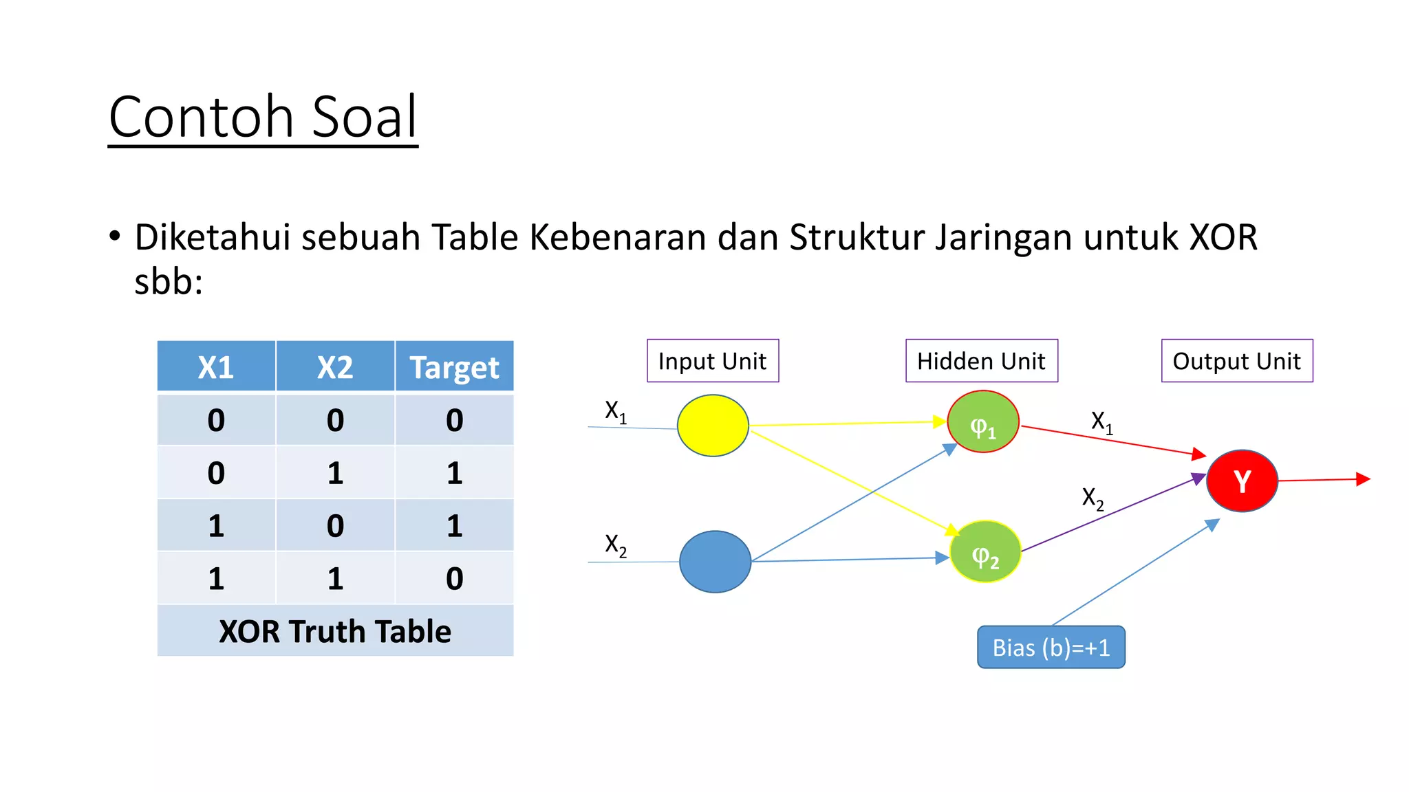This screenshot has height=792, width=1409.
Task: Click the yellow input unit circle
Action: click(x=713, y=426)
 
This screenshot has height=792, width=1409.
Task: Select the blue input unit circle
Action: click(x=715, y=561)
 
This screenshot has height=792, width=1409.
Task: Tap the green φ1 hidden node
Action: click(x=982, y=421)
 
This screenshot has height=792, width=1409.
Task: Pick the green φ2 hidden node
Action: click(x=985, y=551)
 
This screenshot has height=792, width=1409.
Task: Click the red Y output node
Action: click(x=1242, y=481)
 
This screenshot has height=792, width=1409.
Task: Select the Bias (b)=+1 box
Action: click(x=1051, y=647)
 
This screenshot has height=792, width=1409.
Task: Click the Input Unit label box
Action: click(x=713, y=361)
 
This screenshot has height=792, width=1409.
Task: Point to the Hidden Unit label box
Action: click(x=981, y=361)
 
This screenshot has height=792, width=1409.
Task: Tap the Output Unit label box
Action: click(x=1237, y=361)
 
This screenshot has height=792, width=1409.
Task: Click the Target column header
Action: click(x=454, y=366)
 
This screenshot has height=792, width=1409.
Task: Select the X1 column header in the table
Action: click(x=216, y=366)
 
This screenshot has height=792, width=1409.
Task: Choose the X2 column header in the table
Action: click(x=335, y=366)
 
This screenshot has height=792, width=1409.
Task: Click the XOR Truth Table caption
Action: click(x=335, y=630)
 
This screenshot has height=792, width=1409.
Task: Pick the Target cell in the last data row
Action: click(x=454, y=578)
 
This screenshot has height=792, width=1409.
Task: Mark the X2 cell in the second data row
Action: click(x=335, y=472)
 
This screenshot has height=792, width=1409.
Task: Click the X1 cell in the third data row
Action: click(x=216, y=525)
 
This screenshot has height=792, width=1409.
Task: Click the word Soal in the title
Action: click(x=365, y=117)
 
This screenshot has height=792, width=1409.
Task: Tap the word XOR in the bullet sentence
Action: click(x=1223, y=237)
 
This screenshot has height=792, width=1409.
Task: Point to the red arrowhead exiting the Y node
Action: click(x=1362, y=479)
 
